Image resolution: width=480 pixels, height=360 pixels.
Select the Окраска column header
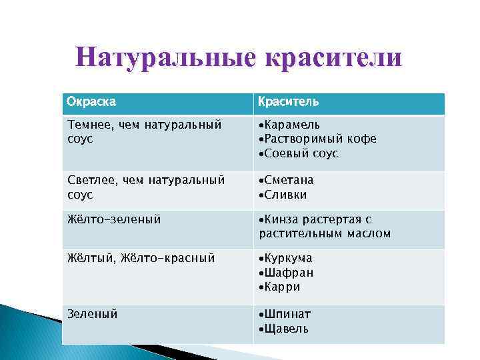click(91, 102)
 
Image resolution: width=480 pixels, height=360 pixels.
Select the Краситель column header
click(289, 102)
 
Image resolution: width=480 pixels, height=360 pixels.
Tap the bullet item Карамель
click(292, 125)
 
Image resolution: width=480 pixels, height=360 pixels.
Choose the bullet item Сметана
click(289, 180)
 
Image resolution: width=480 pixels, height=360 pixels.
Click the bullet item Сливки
click(285, 195)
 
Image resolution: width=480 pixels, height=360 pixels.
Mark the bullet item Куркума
click(288, 258)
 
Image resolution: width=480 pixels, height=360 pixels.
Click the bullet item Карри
click(282, 287)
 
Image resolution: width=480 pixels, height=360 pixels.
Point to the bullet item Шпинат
click(287, 313)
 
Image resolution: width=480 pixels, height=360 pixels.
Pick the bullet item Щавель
click(287, 328)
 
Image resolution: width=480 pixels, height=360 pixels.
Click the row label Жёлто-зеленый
click(114, 219)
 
